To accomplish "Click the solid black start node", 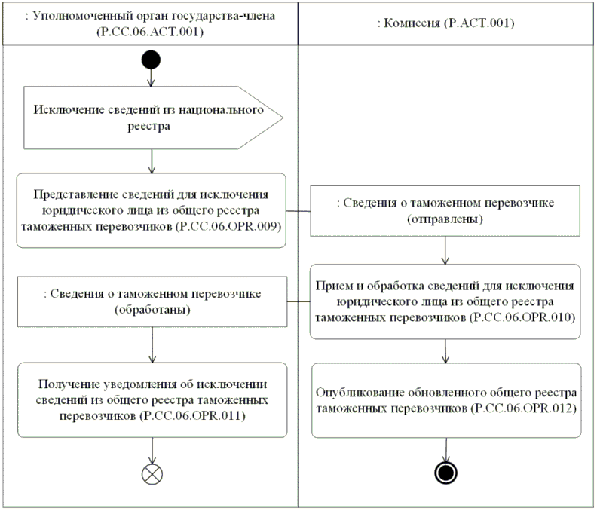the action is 151,60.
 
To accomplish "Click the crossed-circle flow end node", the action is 152,474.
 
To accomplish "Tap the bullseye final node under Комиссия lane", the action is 445,473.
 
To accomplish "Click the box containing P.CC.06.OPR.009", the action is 152,210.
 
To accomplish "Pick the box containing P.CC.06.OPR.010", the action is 445,301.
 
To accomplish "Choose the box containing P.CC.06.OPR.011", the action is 152,399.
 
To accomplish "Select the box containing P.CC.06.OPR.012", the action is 446,400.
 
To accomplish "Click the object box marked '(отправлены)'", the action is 445,211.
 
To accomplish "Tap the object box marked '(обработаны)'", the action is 152,301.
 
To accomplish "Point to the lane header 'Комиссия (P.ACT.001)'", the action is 446,23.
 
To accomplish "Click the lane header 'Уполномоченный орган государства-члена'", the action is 151,23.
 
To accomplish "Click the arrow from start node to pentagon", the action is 151,78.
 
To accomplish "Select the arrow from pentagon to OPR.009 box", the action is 152,161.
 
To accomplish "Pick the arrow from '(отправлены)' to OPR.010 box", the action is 445,250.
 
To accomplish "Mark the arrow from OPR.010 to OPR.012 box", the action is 445,351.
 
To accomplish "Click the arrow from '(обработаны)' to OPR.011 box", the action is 152,344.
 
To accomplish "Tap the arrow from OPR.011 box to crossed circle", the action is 152,451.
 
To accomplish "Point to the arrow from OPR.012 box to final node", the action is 446,450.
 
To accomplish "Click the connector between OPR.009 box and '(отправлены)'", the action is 298,211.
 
